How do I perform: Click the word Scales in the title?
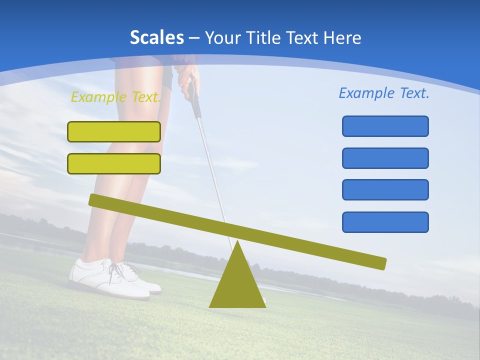(156, 37)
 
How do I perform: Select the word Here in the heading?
(342, 37)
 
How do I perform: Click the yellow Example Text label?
(116, 97)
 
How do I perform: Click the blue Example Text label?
(384, 93)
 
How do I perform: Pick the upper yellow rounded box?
(114, 131)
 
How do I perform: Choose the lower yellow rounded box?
(114, 163)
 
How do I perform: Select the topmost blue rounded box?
(385, 126)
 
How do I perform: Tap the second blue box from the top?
(385, 158)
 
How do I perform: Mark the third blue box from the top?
(385, 189)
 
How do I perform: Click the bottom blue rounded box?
(385, 222)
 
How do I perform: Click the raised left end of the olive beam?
(95, 200)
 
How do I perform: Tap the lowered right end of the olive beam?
(380, 263)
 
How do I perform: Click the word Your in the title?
(222, 38)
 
